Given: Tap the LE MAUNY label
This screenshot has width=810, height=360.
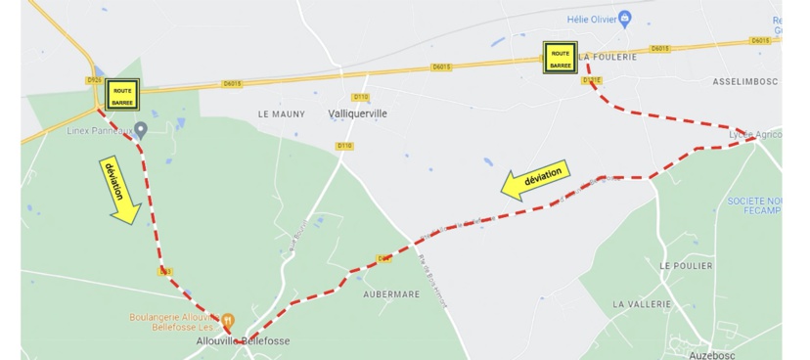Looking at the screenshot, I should pos(282,113).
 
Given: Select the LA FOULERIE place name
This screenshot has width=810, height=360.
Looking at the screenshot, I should pos(608,57).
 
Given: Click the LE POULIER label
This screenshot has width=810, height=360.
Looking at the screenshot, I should pos(686,265).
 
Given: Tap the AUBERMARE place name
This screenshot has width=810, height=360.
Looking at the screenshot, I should pos(390,293).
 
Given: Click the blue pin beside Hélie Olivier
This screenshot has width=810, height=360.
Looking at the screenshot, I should pos(625,18).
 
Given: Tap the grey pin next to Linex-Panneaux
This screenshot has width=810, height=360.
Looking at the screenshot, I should pos(141,129).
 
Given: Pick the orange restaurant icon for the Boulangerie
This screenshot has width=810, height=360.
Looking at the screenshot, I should pos(227,320).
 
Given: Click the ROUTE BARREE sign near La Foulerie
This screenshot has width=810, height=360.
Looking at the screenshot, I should pos(561,58).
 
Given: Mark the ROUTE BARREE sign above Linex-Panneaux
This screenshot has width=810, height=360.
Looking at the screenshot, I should pos(122,95).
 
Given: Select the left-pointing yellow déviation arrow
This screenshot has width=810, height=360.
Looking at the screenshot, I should pos(535,179).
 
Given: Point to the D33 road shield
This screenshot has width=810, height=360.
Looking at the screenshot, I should pos(165,271).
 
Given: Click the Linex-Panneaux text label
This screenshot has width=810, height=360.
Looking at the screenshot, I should pos(99,129).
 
